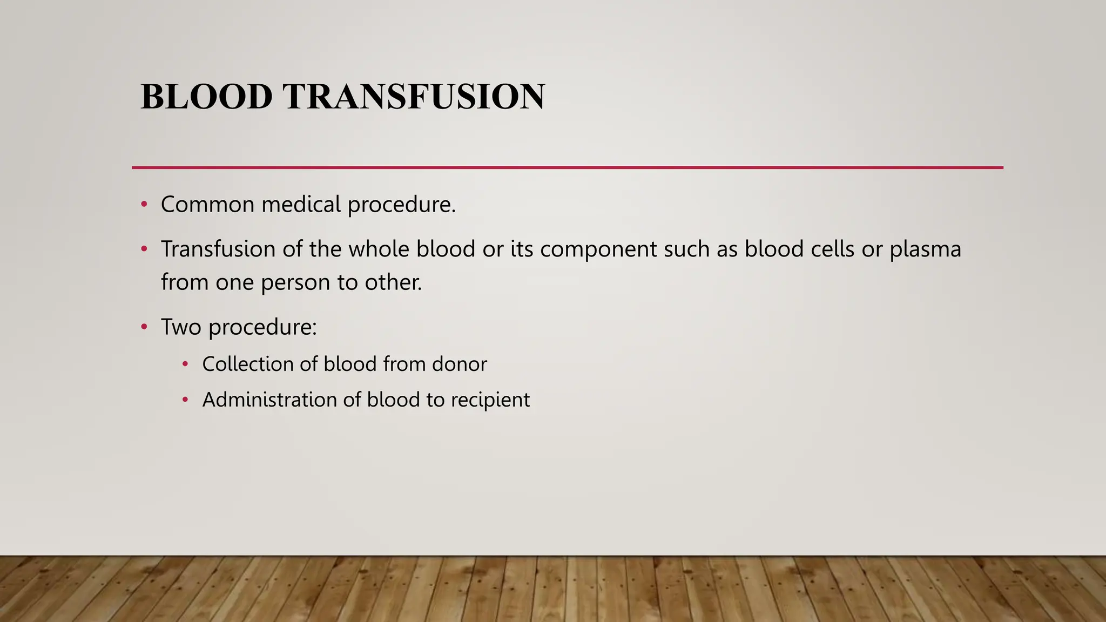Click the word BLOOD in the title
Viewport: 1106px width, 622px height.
point(206,97)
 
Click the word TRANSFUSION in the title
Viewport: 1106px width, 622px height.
point(414,97)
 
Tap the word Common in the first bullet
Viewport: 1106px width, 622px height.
point(207,205)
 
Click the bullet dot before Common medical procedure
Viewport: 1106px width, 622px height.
point(144,205)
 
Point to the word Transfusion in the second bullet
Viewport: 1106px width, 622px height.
point(218,249)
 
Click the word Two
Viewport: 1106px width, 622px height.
point(181,327)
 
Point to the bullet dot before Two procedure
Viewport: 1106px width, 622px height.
point(144,327)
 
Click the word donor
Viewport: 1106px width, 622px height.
point(459,364)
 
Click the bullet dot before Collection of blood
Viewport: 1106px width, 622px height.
point(185,364)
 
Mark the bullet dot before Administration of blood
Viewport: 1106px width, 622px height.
point(185,400)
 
